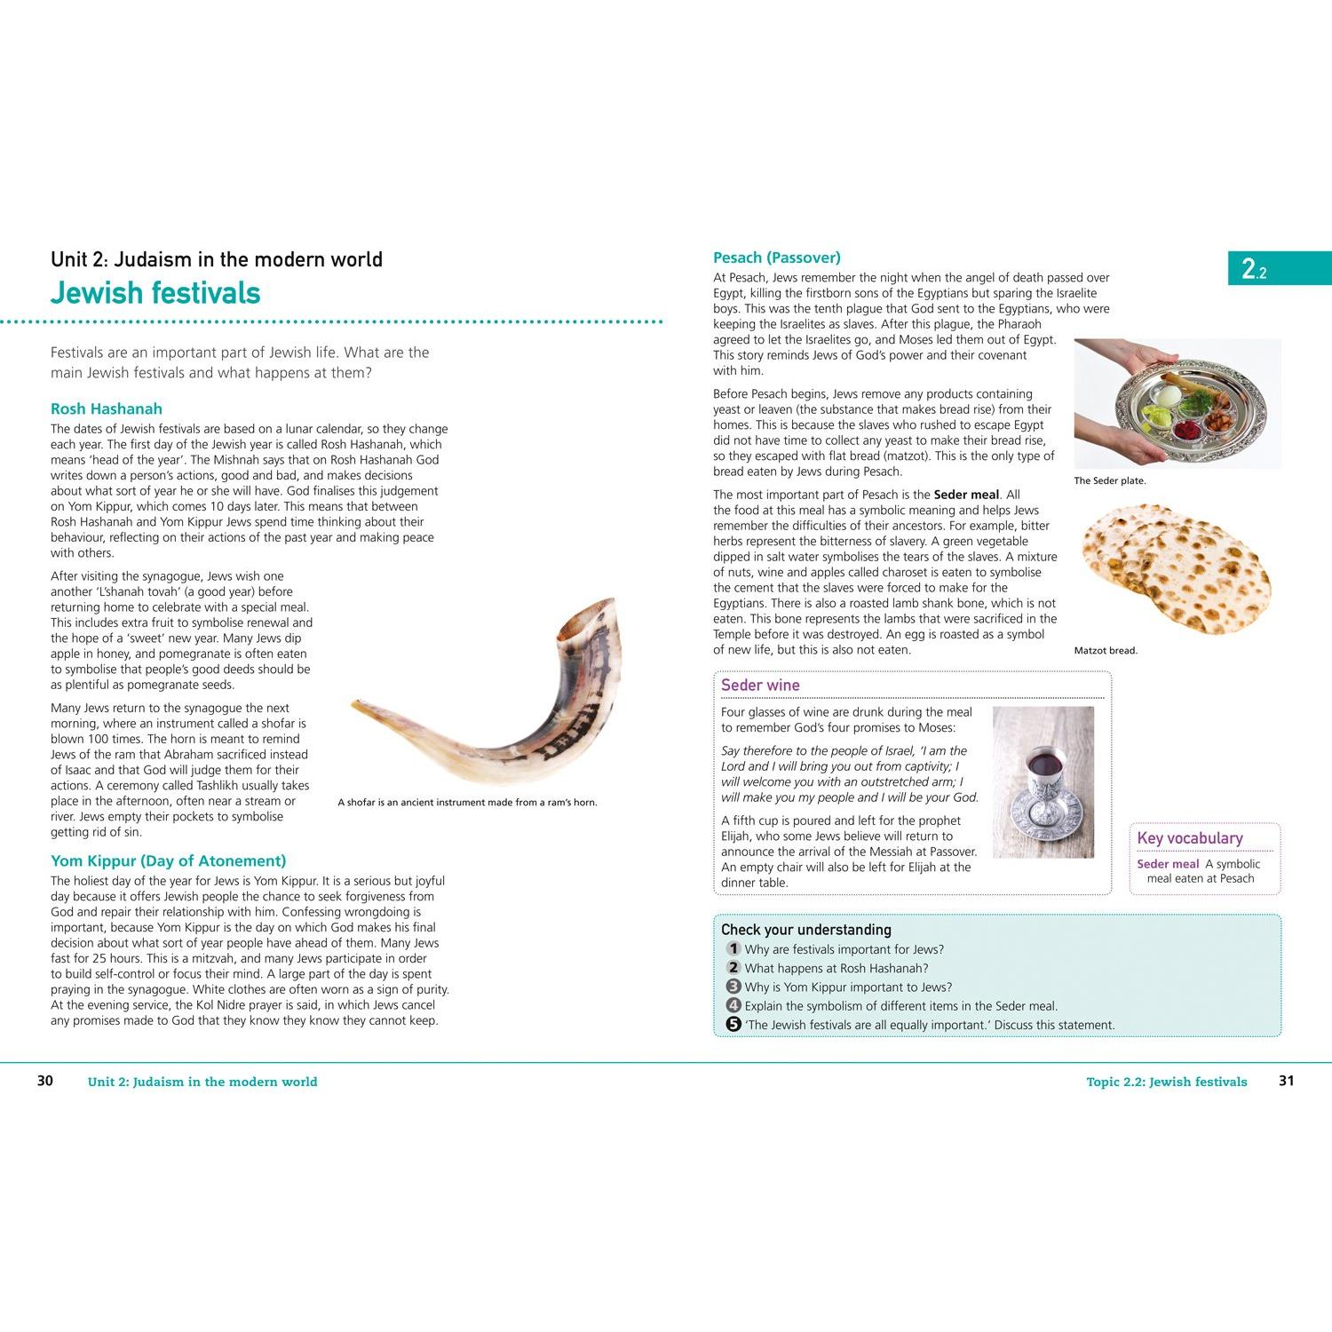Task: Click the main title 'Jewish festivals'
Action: tap(155, 293)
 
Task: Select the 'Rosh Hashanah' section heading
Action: tap(107, 409)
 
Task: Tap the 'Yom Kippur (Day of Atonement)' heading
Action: tap(169, 861)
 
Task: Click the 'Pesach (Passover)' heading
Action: tap(777, 258)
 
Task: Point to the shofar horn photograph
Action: tap(488, 693)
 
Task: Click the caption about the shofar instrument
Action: tap(467, 803)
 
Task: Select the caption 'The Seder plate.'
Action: tap(1110, 481)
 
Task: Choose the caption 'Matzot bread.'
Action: tap(1106, 651)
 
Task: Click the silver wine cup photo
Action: tap(1043, 782)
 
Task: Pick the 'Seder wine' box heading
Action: tap(760, 686)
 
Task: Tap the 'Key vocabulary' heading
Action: tap(1190, 838)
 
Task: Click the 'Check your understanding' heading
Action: tap(806, 930)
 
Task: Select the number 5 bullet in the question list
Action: tap(733, 1024)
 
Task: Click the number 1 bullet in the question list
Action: tap(733, 948)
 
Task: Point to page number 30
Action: tap(45, 1081)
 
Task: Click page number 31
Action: tap(1287, 1081)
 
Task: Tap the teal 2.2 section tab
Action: tap(1280, 268)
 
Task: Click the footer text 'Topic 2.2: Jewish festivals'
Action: tap(1167, 1082)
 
